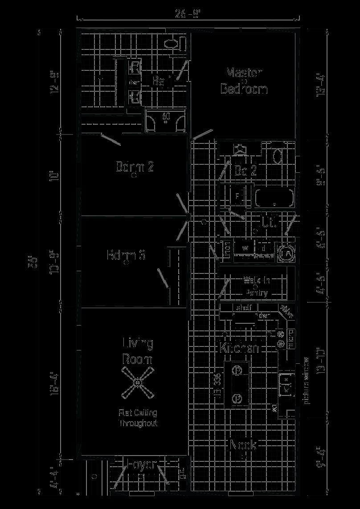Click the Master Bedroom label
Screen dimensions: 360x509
pyautogui.click(x=244, y=81)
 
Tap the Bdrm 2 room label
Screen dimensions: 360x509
pyautogui.click(x=135, y=167)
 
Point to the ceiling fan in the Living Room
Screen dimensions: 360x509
pyautogui.click(x=138, y=383)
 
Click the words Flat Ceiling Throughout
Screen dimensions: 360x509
pyautogui.click(x=138, y=418)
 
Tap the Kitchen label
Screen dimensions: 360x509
pyautogui.click(x=239, y=348)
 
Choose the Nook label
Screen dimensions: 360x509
pyautogui.click(x=243, y=445)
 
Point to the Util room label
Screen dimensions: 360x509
pyautogui.click(x=269, y=222)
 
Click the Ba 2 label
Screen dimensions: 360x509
pyautogui.click(x=245, y=170)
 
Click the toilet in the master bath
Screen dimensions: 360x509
pyautogui.click(x=174, y=44)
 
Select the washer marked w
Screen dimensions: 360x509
pyautogui.click(x=245, y=247)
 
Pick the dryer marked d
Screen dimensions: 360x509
pyautogui.click(x=264, y=247)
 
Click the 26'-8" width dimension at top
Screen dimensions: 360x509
pyautogui.click(x=188, y=14)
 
